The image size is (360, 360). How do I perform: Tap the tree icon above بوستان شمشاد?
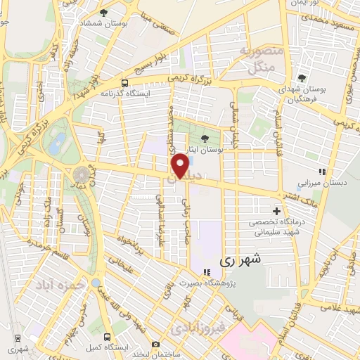pyautogui.click(x=103, y=13)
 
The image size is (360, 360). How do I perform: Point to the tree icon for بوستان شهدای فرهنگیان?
pyautogui.click(x=302, y=79)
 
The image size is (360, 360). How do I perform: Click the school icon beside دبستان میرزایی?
pyautogui.click(x=322, y=172)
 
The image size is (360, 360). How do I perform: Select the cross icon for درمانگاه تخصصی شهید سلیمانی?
pyautogui.click(x=276, y=211)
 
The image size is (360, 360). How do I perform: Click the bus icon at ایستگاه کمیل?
pyautogui.click(x=107, y=337)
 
